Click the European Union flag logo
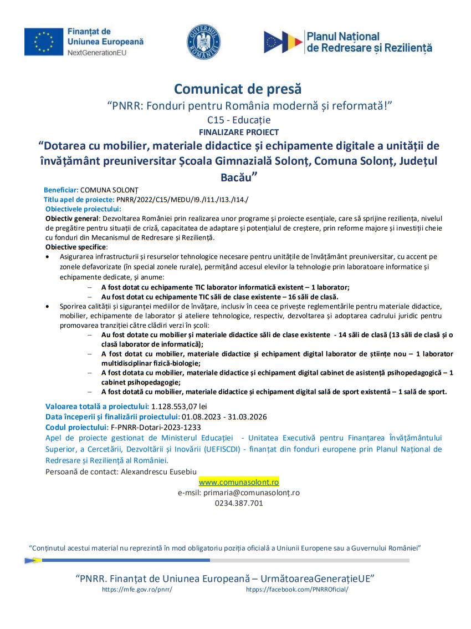point(41,42)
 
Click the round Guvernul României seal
point(203,42)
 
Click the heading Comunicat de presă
point(238,89)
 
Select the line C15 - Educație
point(239,119)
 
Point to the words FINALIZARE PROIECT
point(238,132)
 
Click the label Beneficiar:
point(61,189)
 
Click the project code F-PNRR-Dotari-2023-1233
point(156,427)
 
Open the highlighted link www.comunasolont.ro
point(239,482)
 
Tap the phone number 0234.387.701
point(239,503)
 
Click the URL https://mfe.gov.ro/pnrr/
point(137,590)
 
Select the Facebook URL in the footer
point(297,590)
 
